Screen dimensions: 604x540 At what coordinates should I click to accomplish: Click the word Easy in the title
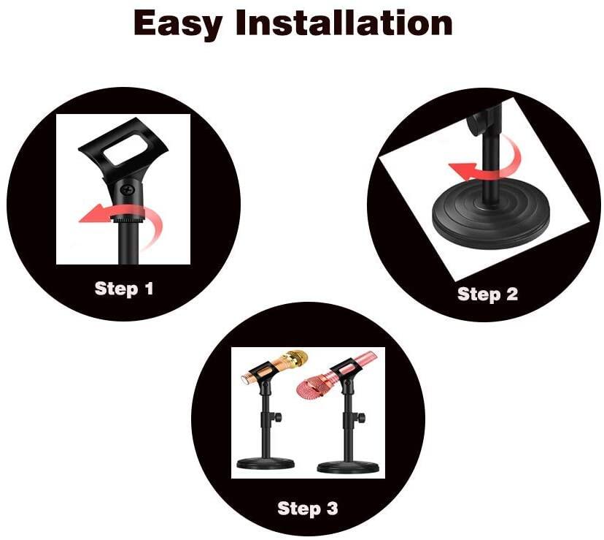click(177, 24)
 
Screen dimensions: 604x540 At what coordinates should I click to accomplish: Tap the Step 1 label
click(124, 289)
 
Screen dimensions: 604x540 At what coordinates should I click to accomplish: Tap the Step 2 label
click(488, 294)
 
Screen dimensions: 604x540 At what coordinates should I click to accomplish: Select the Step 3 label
click(308, 508)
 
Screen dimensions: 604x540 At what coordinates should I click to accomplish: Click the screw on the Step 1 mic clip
click(127, 189)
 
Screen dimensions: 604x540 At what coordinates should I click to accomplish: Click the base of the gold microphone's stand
click(266, 463)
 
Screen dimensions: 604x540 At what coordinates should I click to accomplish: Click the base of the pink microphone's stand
click(348, 467)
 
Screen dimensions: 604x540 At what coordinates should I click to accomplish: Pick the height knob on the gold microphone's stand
click(277, 417)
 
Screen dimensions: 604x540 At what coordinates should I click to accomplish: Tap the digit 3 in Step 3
click(332, 508)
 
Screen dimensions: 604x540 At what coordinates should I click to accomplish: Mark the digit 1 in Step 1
click(149, 289)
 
